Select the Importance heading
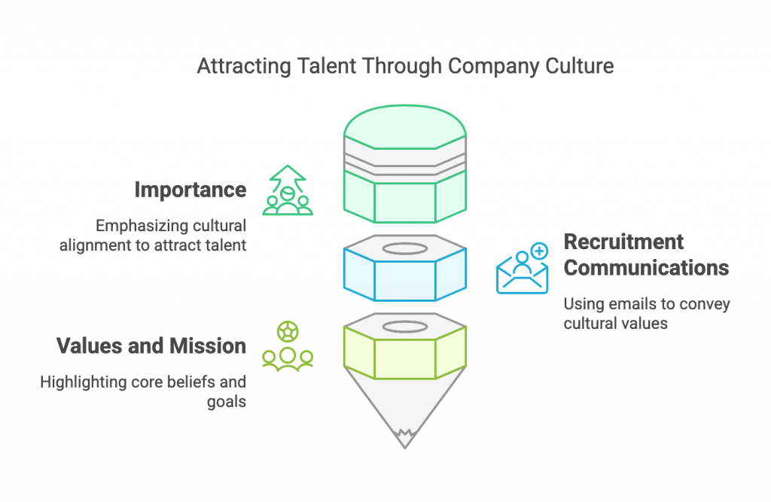point(190,190)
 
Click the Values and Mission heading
point(151,345)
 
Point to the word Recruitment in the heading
point(623,242)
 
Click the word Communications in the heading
point(646,267)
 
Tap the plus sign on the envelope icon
point(539,251)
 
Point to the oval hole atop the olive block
point(404,326)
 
